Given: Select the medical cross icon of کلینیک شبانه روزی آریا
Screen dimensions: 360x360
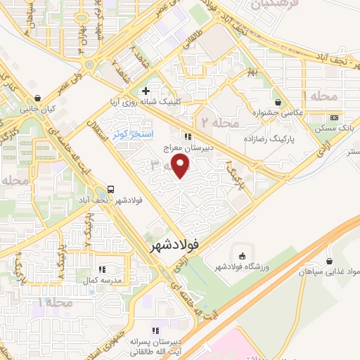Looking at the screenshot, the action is (x=146, y=91).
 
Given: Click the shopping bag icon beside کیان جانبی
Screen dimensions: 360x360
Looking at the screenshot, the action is (x=37, y=98).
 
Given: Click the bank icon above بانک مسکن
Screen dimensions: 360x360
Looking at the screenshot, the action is (x=334, y=117).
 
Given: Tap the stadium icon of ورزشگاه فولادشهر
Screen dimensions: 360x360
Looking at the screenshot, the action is (x=244, y=255).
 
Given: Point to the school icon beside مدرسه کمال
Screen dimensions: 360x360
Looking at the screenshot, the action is (x=102, y=268).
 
